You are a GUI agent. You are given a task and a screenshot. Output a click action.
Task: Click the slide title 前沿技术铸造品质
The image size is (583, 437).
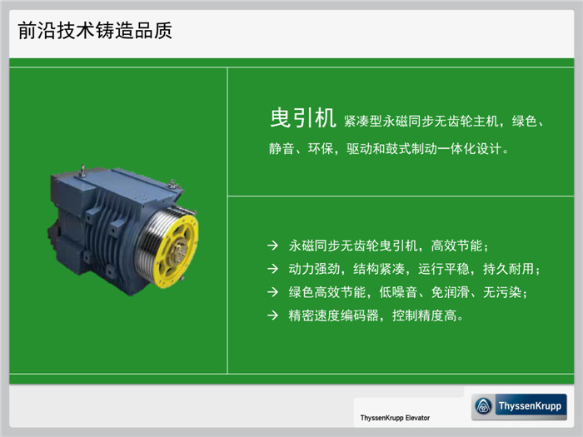95,30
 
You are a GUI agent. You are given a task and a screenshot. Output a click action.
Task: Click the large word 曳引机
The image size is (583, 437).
302,118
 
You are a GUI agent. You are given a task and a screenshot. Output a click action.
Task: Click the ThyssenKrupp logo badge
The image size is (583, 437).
519,406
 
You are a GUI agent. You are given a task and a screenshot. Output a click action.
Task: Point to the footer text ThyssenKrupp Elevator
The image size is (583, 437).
395,418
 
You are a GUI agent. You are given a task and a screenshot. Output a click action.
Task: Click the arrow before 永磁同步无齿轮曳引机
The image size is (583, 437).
272,246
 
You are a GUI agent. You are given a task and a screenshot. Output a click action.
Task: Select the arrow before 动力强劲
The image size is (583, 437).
272,269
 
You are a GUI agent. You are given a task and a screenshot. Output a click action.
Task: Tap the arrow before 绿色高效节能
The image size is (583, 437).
272,292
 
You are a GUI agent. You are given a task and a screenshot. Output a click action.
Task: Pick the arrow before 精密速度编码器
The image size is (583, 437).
272,315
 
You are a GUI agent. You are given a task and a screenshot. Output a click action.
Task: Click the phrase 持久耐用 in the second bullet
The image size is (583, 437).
508,269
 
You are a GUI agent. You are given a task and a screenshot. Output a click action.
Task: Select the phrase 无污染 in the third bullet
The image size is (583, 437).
502,292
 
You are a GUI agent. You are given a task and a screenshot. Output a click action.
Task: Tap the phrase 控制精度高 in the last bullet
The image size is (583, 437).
424,315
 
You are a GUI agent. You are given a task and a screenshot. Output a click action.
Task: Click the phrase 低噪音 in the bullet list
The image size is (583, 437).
398,292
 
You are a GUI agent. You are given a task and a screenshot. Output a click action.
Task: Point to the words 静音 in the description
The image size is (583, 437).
282,149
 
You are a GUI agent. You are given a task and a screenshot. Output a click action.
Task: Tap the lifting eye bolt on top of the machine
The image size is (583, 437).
83,171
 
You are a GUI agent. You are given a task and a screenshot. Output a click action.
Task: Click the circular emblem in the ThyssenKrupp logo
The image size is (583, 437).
484,406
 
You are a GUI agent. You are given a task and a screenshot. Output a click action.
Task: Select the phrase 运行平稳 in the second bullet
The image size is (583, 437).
444,269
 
